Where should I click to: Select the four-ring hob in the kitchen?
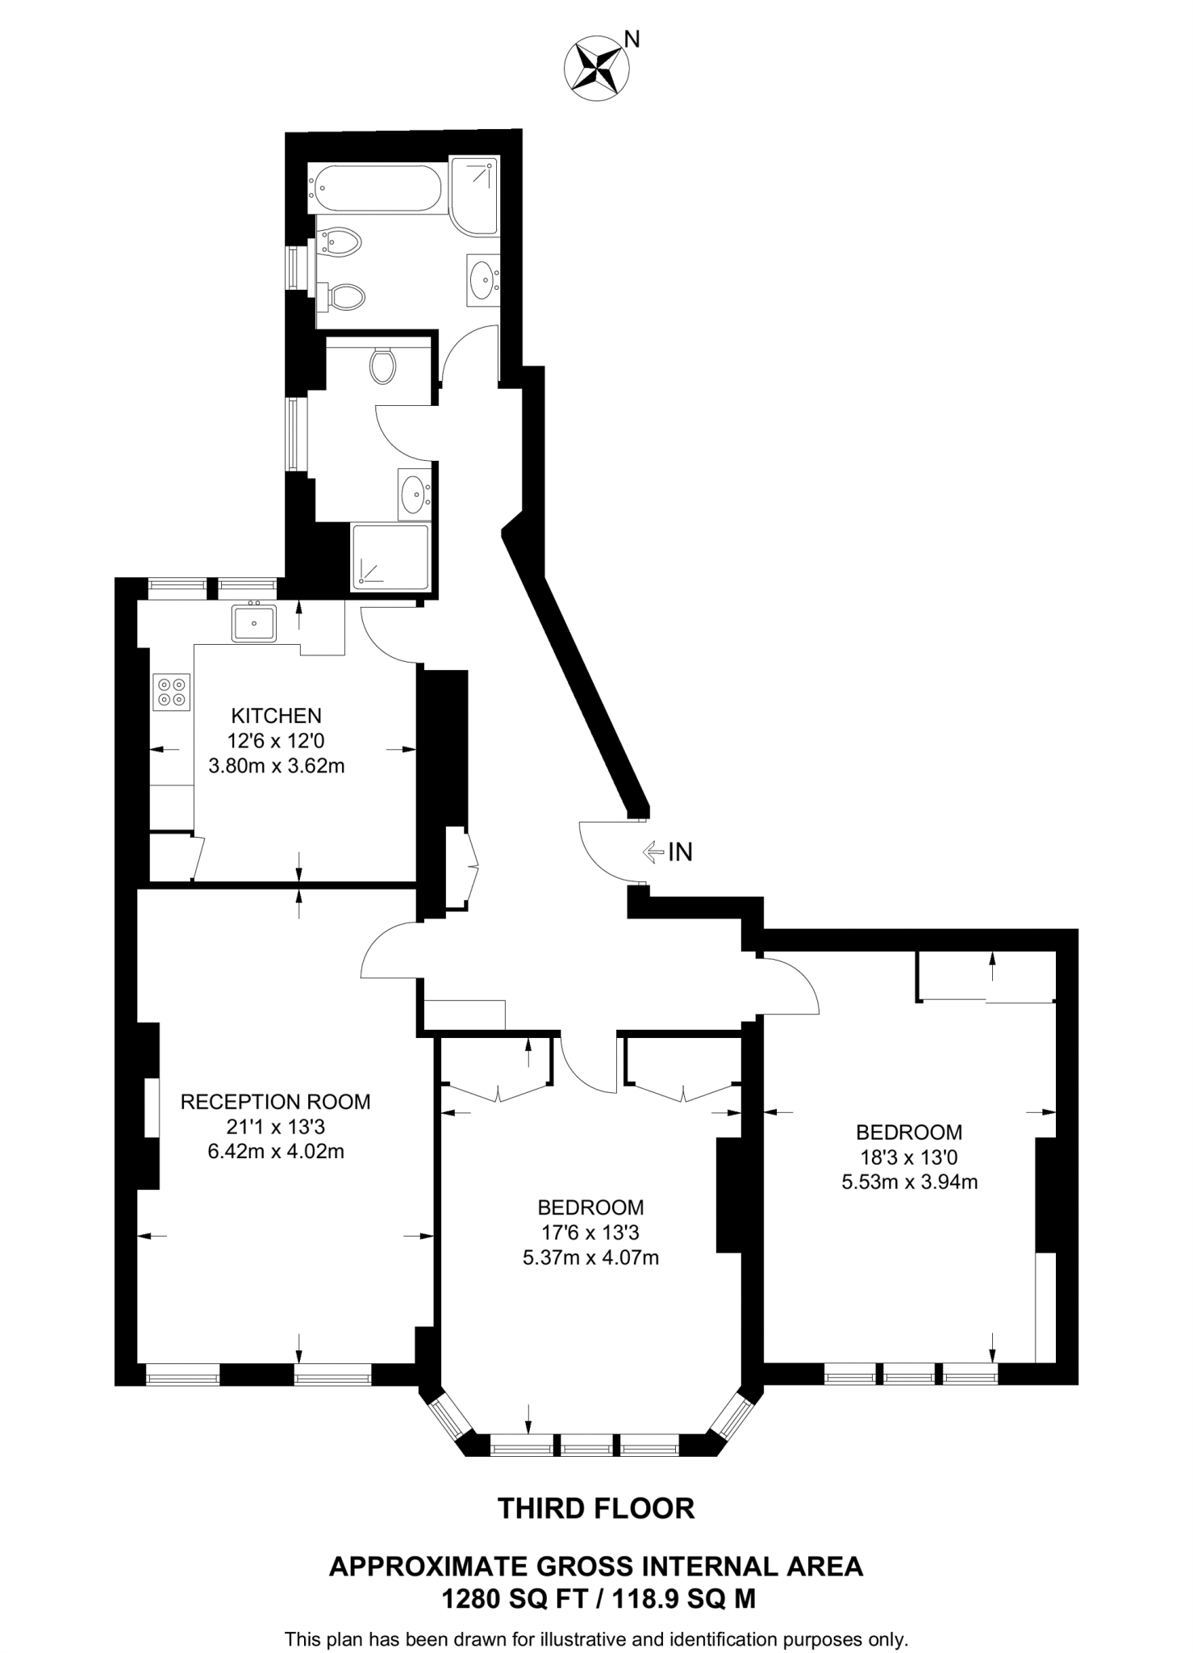tap(172, 692)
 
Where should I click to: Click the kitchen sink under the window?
tap(254, 622)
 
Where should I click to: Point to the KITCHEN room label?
tap(276, 715)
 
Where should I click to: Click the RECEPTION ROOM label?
tap(275, 1102)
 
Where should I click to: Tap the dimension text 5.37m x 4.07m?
tap(590, 1258)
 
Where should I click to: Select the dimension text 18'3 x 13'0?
tap(908, 1157)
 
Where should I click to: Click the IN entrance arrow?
tap(652, 851)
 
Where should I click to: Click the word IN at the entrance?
tap(681, 852)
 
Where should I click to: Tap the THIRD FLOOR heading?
tap(596, 1509)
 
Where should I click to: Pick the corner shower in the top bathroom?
tap(474, 195)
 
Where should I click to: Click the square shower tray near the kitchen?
tap(390, 557)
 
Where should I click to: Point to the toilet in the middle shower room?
tap(383, 366)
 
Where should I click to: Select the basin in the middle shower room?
tap(415, 492)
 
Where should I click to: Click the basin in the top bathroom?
tap(483, 279)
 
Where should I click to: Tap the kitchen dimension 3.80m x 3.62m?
tap(276, 766)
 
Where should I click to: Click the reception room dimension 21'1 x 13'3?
tap(276, 1127)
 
